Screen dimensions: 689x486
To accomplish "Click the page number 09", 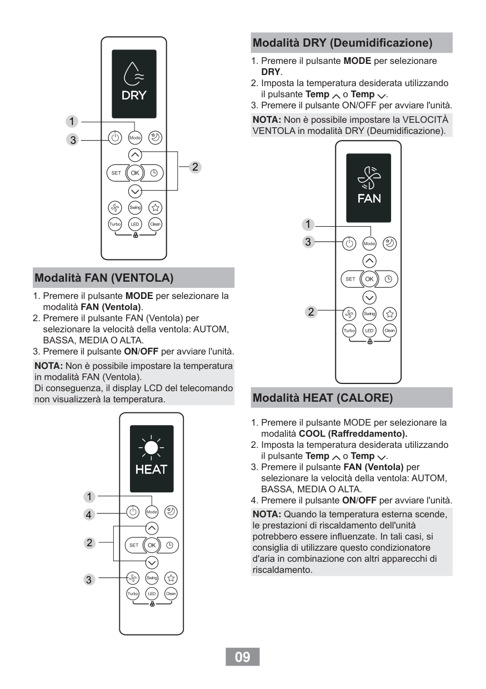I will point(243,657).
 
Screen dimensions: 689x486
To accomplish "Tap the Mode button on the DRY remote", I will point(134,137).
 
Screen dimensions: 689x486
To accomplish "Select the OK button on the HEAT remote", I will point(151,545).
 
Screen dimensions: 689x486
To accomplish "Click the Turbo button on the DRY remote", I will point(114,224).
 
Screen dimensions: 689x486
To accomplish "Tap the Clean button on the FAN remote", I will point(389,330).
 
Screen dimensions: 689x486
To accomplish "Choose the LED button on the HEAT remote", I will point(151,593).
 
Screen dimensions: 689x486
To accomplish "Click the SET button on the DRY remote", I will point(116,173).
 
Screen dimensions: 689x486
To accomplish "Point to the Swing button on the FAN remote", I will point(369,313).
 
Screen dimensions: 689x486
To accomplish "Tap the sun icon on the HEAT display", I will point(151,447).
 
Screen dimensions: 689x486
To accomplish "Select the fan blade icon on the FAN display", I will point(368,178).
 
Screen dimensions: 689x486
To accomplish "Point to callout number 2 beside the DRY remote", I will point(195,166).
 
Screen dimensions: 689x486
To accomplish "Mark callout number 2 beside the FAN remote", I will point(311,312).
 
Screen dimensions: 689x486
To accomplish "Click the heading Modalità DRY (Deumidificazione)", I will point(342,42).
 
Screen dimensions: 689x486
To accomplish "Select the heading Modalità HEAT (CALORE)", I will point(322,398).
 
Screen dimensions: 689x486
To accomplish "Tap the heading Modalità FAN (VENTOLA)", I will point(104,277).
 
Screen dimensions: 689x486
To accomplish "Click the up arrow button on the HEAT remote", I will point(151,528).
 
